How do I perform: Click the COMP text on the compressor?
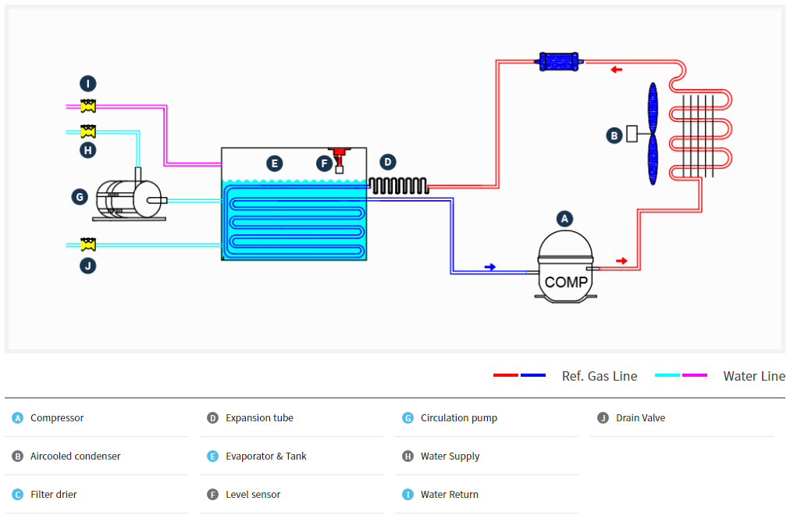coord(566,282)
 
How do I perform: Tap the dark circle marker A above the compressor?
coord(564,219)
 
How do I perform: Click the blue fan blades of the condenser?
coord(653,134)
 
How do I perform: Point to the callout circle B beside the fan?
coord(614,135)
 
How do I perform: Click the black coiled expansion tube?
coord(397,186)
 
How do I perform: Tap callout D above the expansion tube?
coord(388,163)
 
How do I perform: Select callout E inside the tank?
coord(273,163)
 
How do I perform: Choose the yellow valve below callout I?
coord(88,105)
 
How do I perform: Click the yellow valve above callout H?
coord(88,131)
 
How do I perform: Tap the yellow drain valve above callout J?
coord(88,245)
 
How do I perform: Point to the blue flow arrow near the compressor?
coord(490,267)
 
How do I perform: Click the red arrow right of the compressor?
coord(621,260)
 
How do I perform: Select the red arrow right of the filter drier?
coord(617,70)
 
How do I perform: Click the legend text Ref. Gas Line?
coord(600,376)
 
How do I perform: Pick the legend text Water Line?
coord(754,376)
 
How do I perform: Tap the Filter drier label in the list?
coord(54,494)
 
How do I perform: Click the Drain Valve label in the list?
coord(640,417)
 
